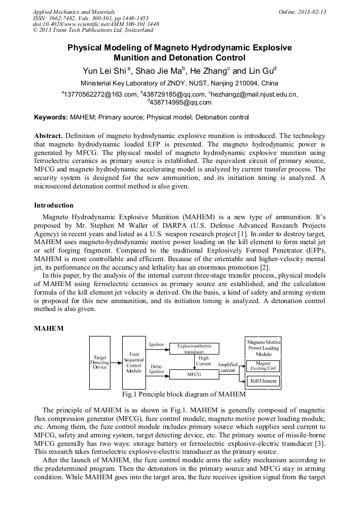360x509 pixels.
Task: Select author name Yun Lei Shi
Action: [105, 71]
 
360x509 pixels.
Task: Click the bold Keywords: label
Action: [50, 117]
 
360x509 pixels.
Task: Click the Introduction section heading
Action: [54, 205]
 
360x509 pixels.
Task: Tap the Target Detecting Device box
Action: [100, 363]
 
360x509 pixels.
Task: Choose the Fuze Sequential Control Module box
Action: [134, 362]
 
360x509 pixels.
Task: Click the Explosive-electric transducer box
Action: [194, 349]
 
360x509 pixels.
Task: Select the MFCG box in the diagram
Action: [194, 374]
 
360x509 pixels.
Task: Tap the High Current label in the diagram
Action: [203, 361]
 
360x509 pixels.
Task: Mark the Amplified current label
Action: [227, 367]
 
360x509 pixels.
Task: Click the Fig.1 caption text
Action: [184, 394]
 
